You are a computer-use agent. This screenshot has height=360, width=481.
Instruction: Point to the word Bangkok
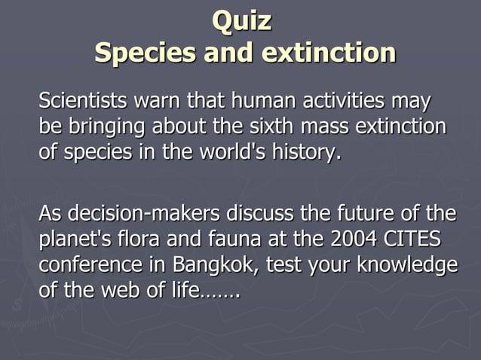click(218, 267)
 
